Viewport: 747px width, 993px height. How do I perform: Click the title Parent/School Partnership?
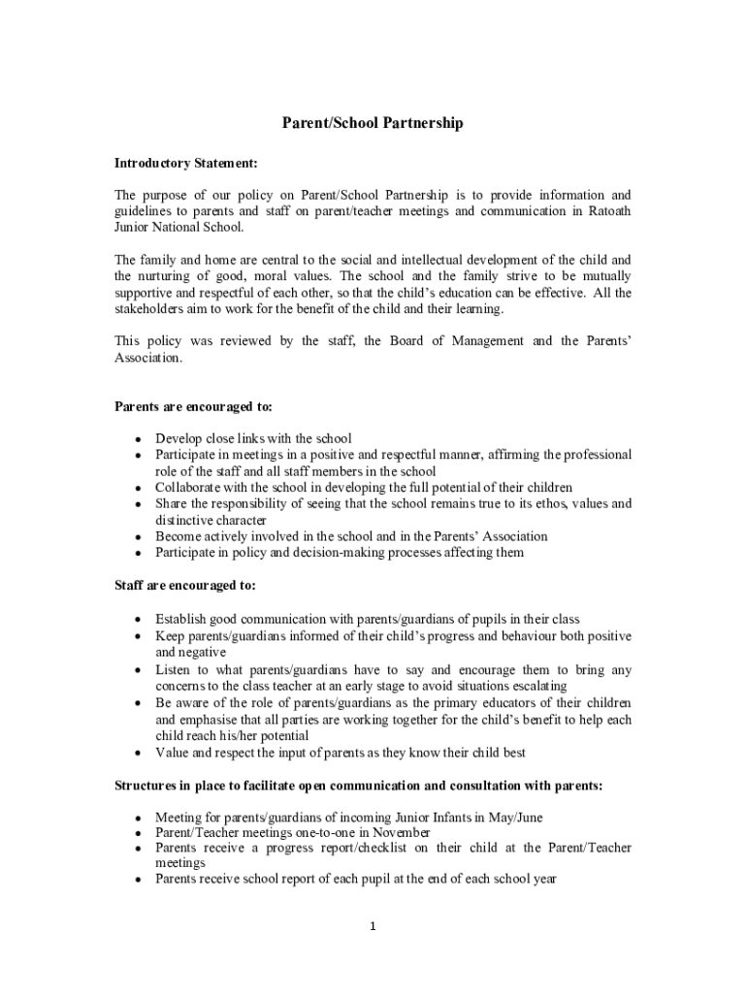click(x=373, y=123)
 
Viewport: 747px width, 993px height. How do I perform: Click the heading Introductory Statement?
click(x=185, y=164)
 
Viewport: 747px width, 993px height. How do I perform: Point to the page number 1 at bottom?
click(x=373, y=926)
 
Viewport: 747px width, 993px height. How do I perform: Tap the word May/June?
click(x=510, y=817)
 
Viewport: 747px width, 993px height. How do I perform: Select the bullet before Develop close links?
click(x=140, y=438)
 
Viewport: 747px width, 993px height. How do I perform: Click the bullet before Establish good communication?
click(x=140, y=619)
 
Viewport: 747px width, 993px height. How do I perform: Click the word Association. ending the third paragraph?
click(x=147, y=357)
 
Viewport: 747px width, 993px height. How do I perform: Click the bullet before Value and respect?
click(x=140, y=753)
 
